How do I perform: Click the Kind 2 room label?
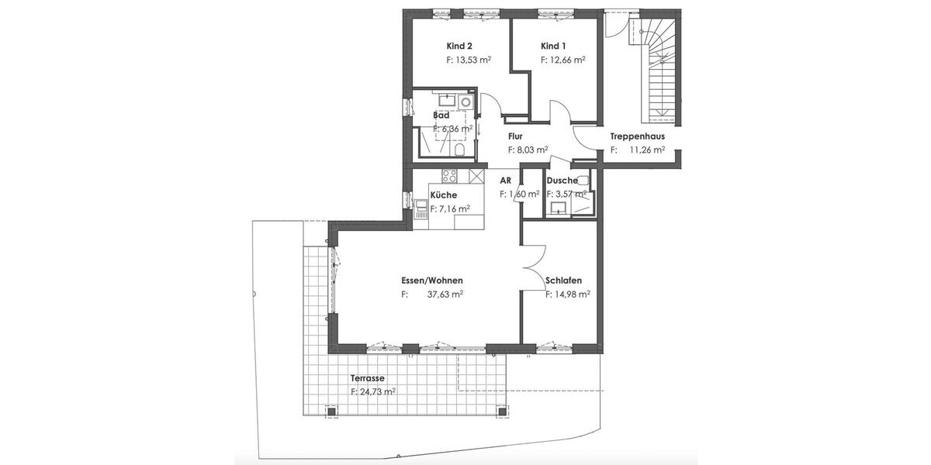pyautogui.click(x=459, y=46)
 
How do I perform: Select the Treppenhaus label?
pyautogui.click(x=637, y=136)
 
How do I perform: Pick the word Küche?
pyautogui.click(x=443, y=195)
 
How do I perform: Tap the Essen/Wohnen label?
pyautogui.click(x=432, y=281)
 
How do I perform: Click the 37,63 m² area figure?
pyautogui.click(x=445, y=294)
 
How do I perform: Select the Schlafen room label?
pyautogui.click(x=563, y=281)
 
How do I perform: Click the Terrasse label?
pyautogui.click(x=368, y=378)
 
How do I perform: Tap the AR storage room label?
pyautogui.click(x=505, y=180)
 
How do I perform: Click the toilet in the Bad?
pyautogui.click(x=460, y=147)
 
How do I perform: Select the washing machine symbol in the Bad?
pyautogui.click(x=465, y=102)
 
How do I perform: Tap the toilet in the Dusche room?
pyautogui.click(x=584, y=180)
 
